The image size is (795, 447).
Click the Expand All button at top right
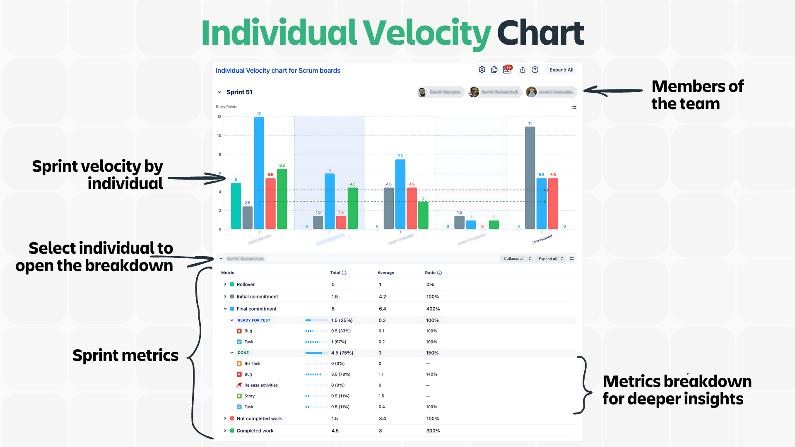coord(561,70)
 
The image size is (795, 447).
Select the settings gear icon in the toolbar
coord(482,70)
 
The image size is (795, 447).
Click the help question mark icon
coord(535,70)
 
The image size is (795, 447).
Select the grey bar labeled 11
coord(530,178)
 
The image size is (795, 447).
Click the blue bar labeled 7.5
coord(400,194)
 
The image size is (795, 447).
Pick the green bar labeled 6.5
coord(282,199)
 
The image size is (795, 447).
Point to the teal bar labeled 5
coord(236,206)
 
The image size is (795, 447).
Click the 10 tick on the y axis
coord(219,136)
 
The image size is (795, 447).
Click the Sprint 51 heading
coord(239,92)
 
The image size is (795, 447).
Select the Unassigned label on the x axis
coord(542,239)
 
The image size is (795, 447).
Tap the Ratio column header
coord(430,273)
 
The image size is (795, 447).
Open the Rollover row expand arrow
coord(225,284)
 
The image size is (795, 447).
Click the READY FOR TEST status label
coord(254,320)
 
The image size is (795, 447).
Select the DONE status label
coord(243,353)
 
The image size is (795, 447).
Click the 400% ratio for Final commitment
coord(433,309)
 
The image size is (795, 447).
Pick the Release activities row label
coord(261,385)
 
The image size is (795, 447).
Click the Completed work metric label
coord(255,431)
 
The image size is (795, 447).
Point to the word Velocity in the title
coord(427,33)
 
